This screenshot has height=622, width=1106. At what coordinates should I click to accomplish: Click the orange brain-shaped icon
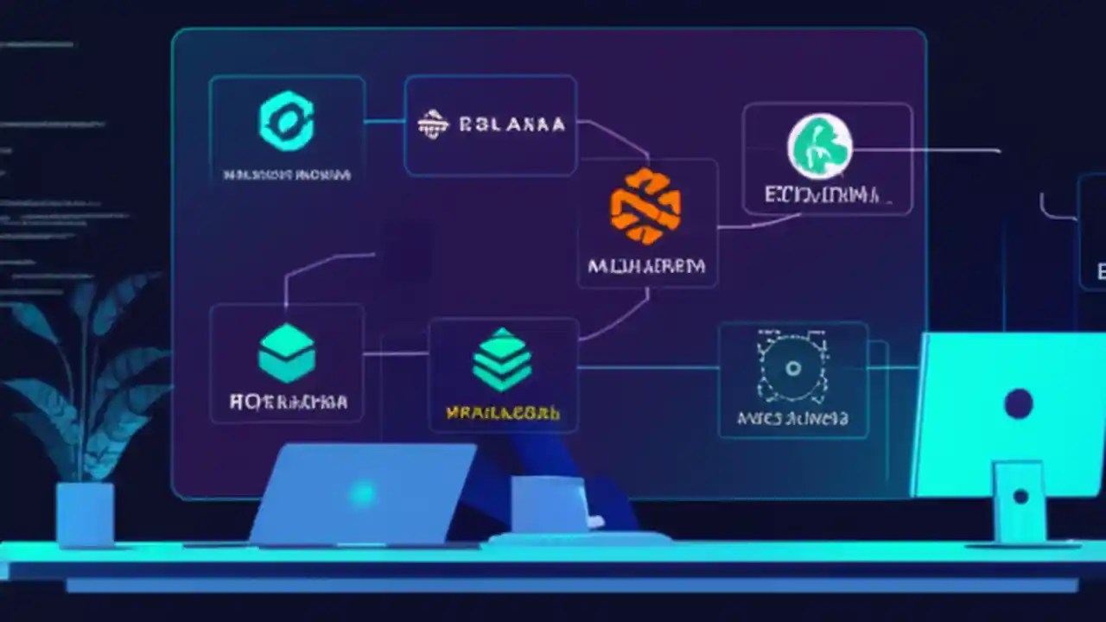(645, 206)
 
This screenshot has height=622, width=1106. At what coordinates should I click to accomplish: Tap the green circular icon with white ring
(819, 146)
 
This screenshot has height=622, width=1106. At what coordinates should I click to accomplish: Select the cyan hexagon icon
(286, 121)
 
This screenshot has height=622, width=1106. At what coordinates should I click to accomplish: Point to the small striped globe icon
(433, 124)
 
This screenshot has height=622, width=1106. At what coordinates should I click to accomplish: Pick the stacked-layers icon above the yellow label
(502, 359)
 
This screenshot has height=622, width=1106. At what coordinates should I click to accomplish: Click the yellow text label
(502, 413)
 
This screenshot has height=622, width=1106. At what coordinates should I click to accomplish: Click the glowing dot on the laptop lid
(364, 493)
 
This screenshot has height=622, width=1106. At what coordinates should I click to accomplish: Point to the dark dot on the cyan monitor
(1019, 402)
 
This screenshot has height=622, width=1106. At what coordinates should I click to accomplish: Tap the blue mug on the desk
(544, 505)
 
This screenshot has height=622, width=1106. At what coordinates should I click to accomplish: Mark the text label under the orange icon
(645, 266)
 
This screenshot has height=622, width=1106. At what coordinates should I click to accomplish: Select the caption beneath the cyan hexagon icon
(287, 175)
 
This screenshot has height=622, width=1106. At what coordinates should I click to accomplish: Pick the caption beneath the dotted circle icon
(791, 420)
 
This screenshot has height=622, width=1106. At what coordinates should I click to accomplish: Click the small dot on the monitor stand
(1020, 497)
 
